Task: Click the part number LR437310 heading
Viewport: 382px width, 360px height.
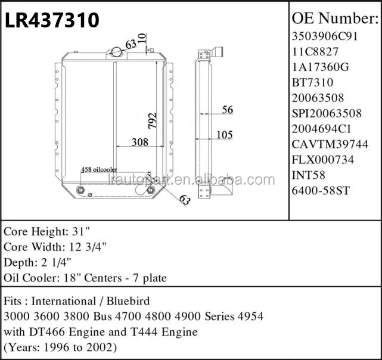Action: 52,20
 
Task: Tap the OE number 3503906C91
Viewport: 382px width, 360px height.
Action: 325,36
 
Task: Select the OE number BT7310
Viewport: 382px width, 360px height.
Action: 312,82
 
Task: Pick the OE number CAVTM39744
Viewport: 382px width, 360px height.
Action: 330,144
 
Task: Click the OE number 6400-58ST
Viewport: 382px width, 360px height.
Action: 321,191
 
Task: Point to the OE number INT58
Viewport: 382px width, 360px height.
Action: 309,175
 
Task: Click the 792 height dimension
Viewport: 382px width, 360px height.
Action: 153,120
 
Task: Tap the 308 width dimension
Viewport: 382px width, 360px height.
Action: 140,142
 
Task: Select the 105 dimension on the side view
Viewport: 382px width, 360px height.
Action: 225,135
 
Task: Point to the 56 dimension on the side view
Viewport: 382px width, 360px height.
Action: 228,110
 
